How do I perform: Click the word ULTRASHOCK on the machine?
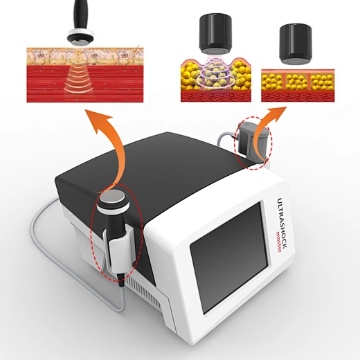tap(282, 223)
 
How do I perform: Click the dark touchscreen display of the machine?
tap(229, 257)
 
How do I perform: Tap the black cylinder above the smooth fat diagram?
tap(296, 44)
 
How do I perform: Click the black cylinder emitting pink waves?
tap(215, 34)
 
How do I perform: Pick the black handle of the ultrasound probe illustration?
tap(80, 15)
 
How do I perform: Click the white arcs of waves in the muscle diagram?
tap(80, 79)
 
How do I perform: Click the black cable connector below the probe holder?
tap(121, 280)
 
